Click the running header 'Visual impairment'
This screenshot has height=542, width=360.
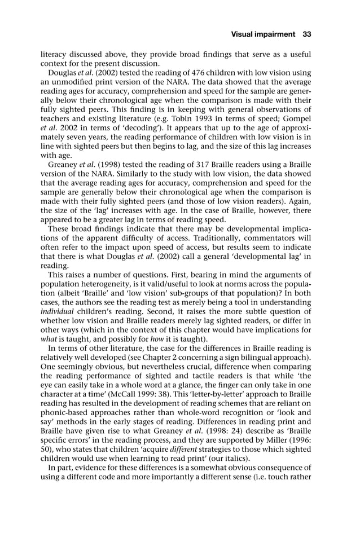click(263, 34)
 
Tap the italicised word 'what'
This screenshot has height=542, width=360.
click(48, 338)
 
